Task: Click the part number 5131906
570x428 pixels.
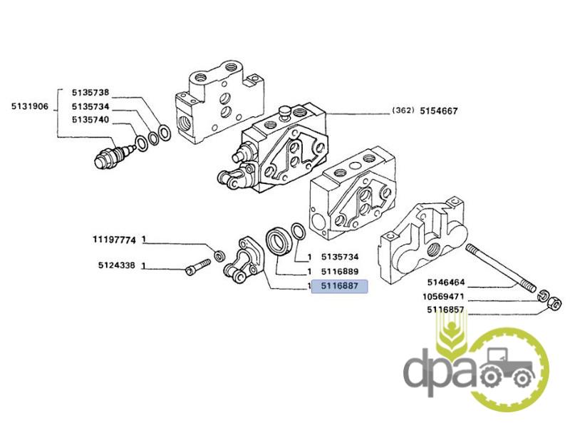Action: point(29,107)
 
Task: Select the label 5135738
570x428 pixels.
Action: point(89,93)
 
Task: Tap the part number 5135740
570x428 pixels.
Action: point(89,119)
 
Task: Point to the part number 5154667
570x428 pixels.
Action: point(438,111)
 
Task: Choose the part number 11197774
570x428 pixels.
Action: point(113,239)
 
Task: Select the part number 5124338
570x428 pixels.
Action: point(117,266)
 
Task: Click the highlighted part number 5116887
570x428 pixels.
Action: point(339,287)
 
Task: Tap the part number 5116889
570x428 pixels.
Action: point(339,272)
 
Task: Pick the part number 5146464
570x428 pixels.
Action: point(447,283)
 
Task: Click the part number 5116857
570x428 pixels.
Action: point(447,309)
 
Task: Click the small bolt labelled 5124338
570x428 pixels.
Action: point(195,269)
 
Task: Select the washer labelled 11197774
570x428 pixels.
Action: point(220,255)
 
